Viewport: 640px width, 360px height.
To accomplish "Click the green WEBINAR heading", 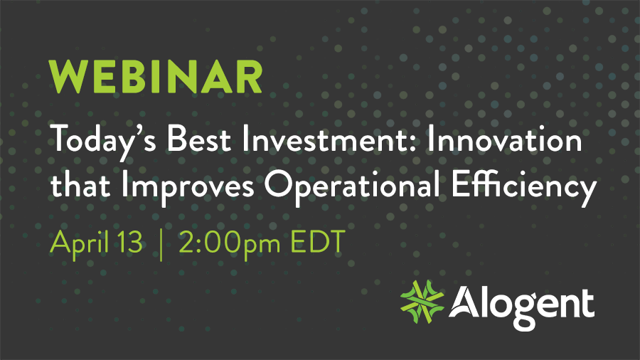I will [155, 77].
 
